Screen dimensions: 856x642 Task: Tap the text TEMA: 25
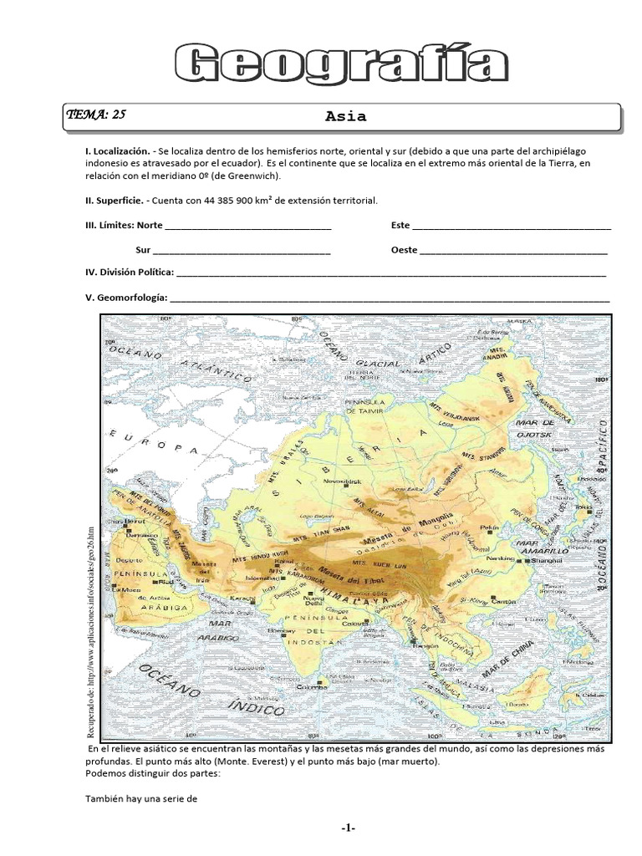pos(96,115)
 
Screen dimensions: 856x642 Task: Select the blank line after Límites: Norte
pos(248,227)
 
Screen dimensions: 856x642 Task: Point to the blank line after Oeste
pos(513,251)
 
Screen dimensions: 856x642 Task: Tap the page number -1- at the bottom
pos(349,828)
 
